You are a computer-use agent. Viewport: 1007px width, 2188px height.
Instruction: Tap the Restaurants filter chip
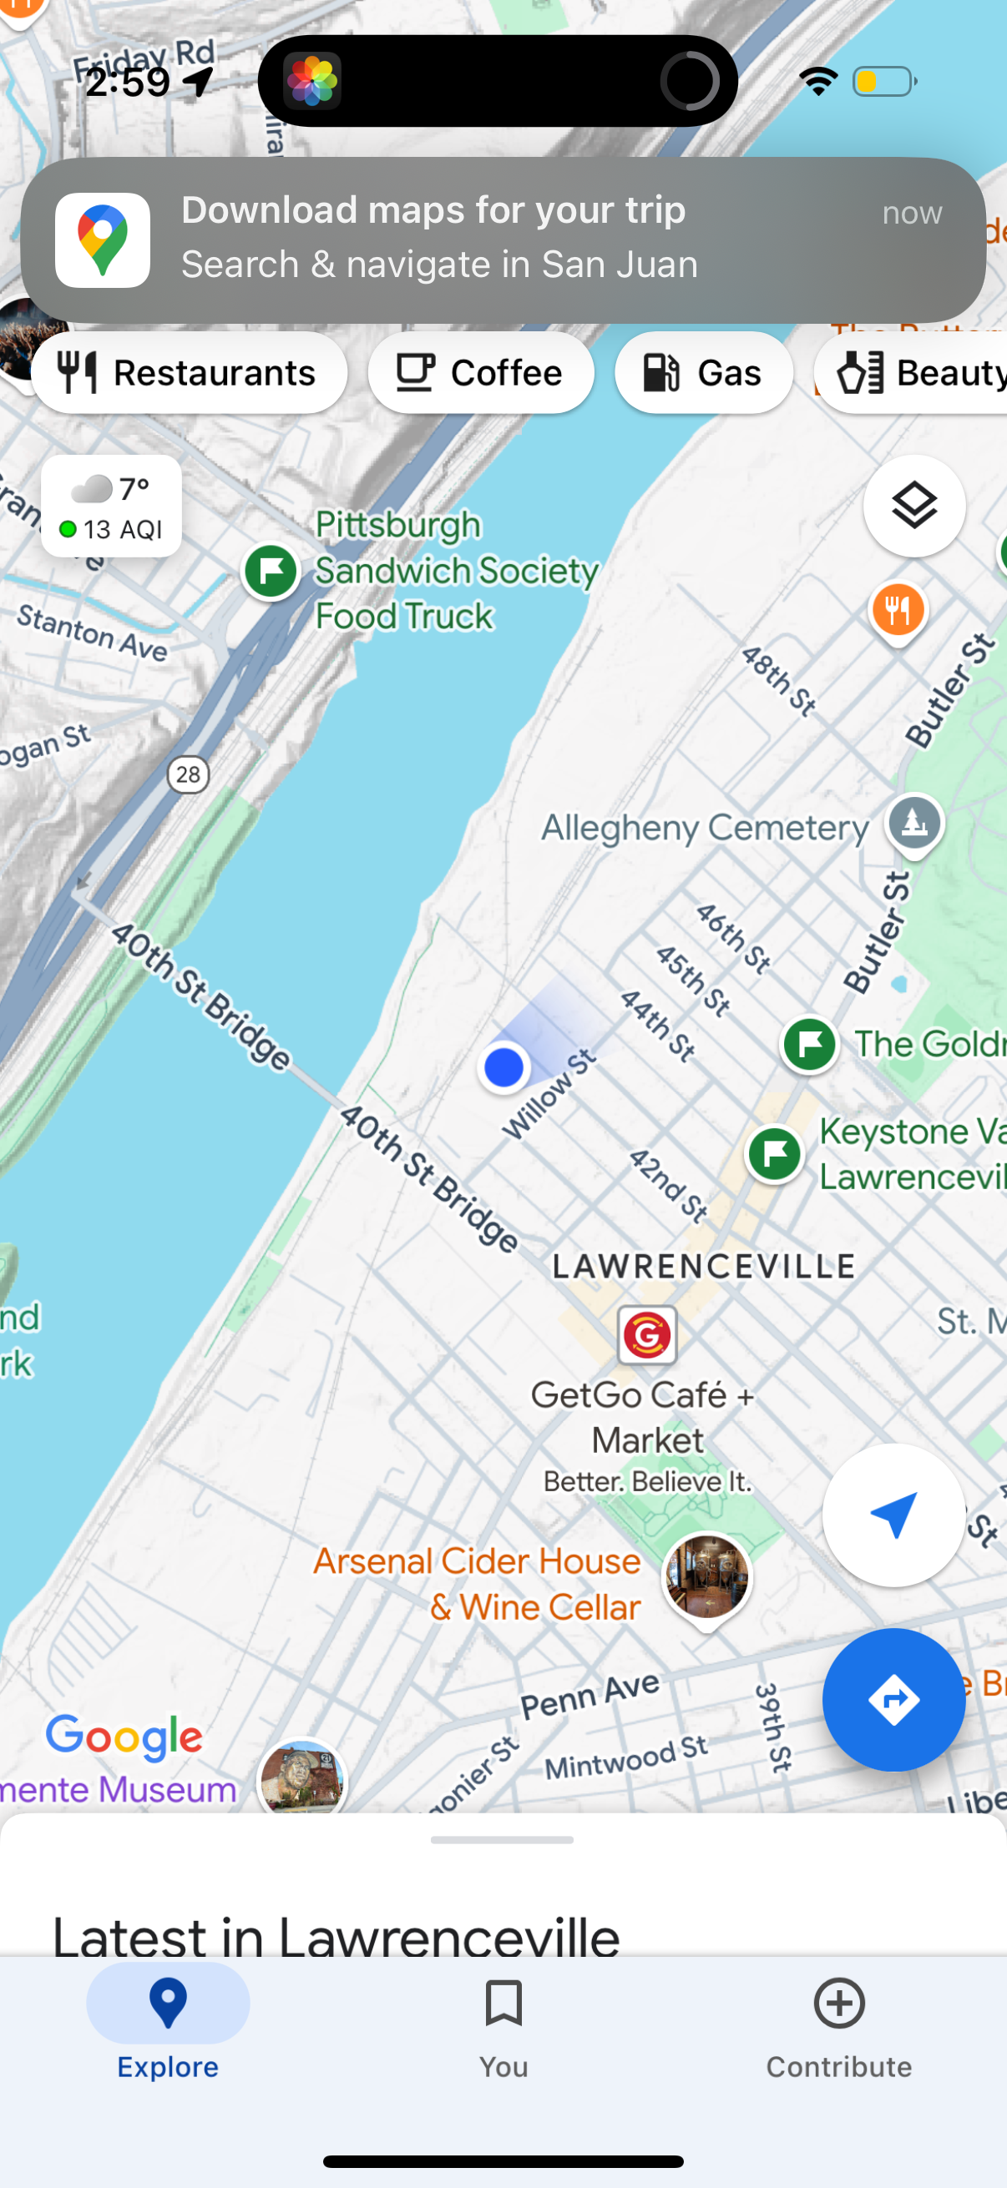[189, 373]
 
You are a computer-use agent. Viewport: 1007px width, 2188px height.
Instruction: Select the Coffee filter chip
[480, 373]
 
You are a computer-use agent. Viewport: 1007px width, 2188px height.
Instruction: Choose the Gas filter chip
[703, 373]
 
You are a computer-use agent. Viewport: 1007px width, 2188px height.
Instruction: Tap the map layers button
[913, 507]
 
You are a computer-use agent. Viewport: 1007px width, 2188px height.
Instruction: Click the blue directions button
[893, 1700]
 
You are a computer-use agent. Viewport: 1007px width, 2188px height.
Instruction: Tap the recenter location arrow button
[893, 1515]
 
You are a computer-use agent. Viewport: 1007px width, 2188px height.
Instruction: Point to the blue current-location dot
[504, 1066]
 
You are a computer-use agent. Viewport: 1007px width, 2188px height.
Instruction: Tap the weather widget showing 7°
[111, 507]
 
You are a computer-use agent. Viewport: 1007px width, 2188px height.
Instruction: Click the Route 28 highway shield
[188, 774]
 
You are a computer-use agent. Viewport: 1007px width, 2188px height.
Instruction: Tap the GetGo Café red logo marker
[646, 1335]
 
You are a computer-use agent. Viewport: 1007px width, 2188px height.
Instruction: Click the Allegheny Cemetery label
[705, 828]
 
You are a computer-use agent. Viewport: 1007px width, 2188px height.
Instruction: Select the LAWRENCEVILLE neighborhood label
[703, 1267]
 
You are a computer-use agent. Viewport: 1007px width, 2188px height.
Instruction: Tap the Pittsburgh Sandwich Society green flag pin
[271, 572]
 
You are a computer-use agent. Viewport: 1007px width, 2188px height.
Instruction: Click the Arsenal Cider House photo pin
[706, 1577]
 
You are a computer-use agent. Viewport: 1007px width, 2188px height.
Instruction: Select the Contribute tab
[838, 2026]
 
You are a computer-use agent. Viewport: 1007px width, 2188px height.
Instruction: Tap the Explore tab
[167, 2026]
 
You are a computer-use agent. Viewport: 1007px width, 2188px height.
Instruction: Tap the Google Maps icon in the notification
[103, 239]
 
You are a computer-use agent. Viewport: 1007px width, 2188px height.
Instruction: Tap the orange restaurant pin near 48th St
[898, 610]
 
